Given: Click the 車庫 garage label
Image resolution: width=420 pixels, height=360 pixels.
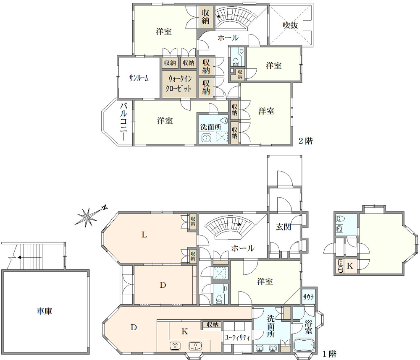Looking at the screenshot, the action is pyautogui.click(x=44, y=311).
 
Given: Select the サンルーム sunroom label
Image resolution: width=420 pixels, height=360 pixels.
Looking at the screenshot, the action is pyautogui.click(x=139, y=78).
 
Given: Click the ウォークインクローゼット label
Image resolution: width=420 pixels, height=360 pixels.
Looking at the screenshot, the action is pyautogui.click(x=178, y=83).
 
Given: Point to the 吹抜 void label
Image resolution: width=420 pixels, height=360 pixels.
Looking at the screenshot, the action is pyautogui.click(x=290, y=25).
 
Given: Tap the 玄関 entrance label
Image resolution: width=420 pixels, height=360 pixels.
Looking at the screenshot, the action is pyautogui.click(x=283, y=227).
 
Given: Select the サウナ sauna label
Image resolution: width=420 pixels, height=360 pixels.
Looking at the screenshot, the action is pyautogui.click(x=309, y=297).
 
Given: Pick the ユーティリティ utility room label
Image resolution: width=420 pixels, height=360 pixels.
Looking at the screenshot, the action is pyautogui.click(x=237, y=337).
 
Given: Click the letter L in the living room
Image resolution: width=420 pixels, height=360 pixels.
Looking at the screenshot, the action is pyautogui.click(x=144, y=235).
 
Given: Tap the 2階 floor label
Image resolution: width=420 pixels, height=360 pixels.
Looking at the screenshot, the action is pyautogui.click(x=306, y=141).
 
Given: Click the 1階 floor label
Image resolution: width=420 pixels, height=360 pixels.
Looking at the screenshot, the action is pyautogui.click(x=329, y=354).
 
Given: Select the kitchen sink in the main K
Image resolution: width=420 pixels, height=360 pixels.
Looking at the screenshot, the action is pyautogui.click(x=195, y=346).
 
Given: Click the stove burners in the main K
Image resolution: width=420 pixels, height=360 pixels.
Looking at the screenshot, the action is pyautogui.click(x=175, y=346).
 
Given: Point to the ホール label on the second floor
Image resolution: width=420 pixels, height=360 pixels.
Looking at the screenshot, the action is pyautogui.click(x=228, y=38).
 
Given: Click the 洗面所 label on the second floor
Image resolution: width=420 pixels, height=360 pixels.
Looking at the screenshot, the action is pyautogui.click(x=211, y=127).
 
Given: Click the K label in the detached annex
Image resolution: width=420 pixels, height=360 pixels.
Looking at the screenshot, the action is pyautogui.click(x=350, y=266).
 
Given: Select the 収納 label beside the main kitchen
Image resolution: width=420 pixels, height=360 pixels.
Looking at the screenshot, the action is pyautogui.click(x=213, y=325).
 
